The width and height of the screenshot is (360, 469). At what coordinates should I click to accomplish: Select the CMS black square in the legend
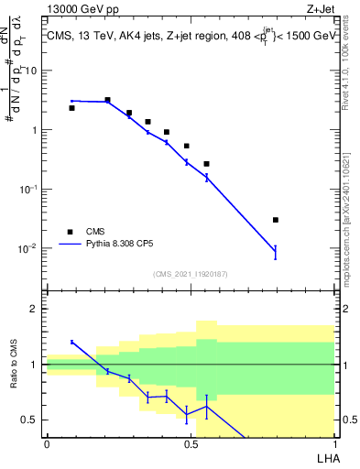[x=70, y=232]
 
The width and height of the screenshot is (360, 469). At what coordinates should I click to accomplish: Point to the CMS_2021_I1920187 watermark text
[x=190, y=274]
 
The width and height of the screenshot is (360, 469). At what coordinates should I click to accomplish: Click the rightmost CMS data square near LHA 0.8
[x=276, y=220]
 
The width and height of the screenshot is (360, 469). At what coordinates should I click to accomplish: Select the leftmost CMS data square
[x=71, y=108]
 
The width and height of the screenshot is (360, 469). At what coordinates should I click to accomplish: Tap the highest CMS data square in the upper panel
[x=107, y=100]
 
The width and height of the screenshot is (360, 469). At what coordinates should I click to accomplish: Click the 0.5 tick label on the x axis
[x=191, y=444]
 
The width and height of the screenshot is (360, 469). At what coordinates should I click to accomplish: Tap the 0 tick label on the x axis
[x=47, y=444]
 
